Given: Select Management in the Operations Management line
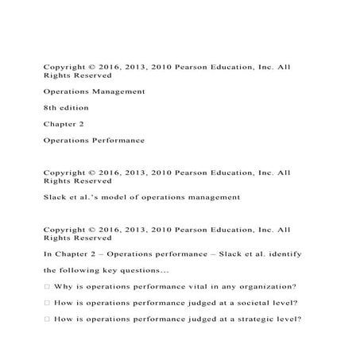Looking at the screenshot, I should tap(118, 91).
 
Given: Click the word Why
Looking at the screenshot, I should tap(64, 287).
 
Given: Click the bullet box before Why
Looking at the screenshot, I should tap(48, 287).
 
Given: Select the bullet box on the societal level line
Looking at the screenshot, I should tap(48, 304).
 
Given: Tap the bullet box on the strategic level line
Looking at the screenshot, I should tap(48, 319).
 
